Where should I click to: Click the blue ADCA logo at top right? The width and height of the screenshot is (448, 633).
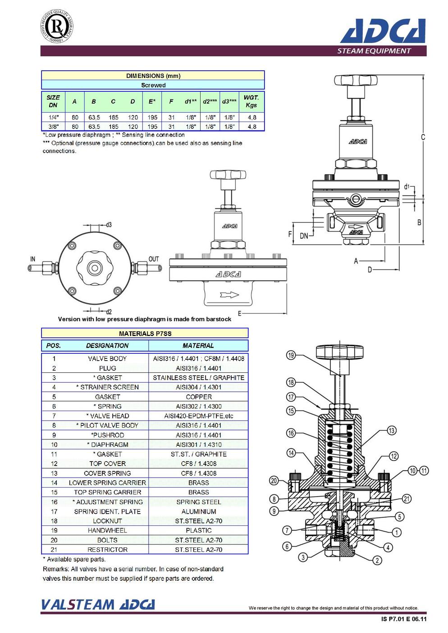pos(383,31)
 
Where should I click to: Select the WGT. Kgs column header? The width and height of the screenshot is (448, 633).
pos(251,101)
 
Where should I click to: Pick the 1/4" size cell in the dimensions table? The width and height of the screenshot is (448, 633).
pos(53,118)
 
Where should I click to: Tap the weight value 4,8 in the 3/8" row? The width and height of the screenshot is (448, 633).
pos(251,127)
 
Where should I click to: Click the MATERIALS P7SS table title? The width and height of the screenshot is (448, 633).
pos(145,334)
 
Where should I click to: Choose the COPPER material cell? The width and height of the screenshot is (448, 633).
pos(198,397)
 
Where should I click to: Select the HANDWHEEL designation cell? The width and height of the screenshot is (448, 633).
pos(107,530)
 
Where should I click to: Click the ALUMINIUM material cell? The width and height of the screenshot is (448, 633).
pos(198,511)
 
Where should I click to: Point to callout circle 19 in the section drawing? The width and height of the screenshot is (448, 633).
pos(291,355)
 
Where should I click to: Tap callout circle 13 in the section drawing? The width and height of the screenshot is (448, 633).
pos(392,430)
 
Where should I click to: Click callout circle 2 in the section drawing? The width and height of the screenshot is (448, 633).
pos(377,560)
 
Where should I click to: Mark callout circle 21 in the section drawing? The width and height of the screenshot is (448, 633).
pos(407,498)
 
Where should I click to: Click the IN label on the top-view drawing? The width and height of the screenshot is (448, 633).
pos(32,259)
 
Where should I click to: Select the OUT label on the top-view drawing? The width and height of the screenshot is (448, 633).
pos(154,259)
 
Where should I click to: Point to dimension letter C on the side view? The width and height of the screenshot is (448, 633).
pos(423,137)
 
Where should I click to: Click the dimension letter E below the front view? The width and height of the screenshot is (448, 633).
pos(239,313)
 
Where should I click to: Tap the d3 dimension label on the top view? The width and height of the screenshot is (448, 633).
pos(109,224)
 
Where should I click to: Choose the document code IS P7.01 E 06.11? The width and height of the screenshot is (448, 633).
pos(403,619)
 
